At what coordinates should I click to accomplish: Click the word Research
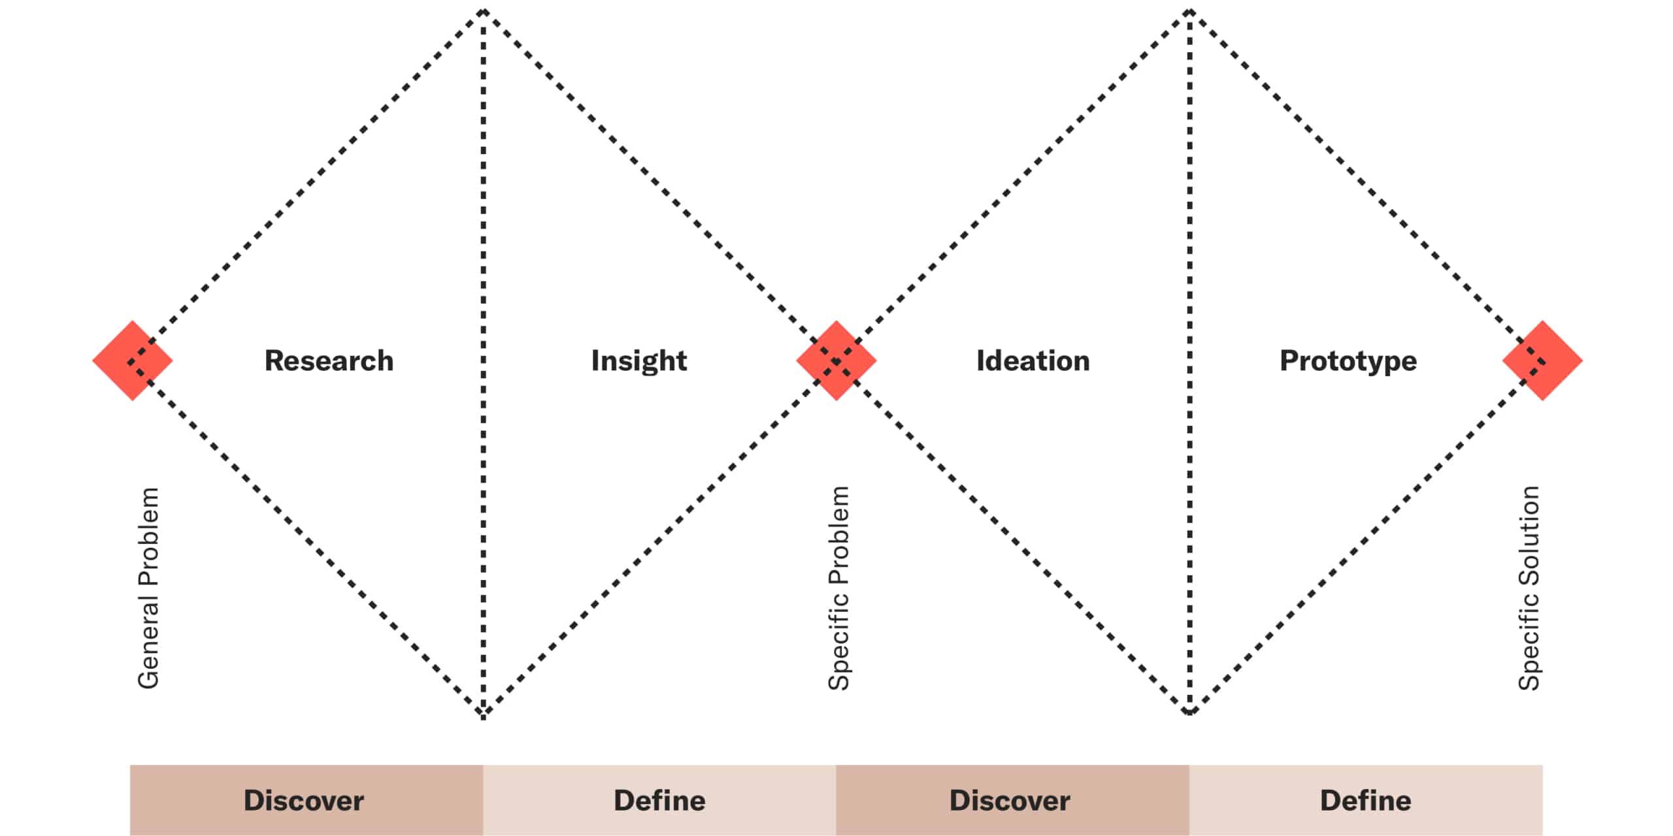[329, 361]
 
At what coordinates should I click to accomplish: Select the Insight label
[639, 361]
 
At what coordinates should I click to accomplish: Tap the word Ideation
[1033, 361]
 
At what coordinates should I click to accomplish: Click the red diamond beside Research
[133, 361]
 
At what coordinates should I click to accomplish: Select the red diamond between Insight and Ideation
[836, 361]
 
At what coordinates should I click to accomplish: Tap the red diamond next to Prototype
[1542, 361]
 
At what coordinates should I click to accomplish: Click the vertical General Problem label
[148, 588]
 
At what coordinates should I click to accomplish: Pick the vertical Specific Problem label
[838, 588]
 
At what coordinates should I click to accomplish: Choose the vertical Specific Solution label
[1529, 588]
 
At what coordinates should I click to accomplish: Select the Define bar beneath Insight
[660, 800]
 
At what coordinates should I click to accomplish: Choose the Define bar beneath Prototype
[1366, 800]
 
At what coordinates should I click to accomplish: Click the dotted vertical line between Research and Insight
[484, 364]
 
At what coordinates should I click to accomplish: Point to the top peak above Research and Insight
[484, 12]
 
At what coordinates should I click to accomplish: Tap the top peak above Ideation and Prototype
[1189, 12]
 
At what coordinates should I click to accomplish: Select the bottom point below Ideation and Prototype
[1189, 712]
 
